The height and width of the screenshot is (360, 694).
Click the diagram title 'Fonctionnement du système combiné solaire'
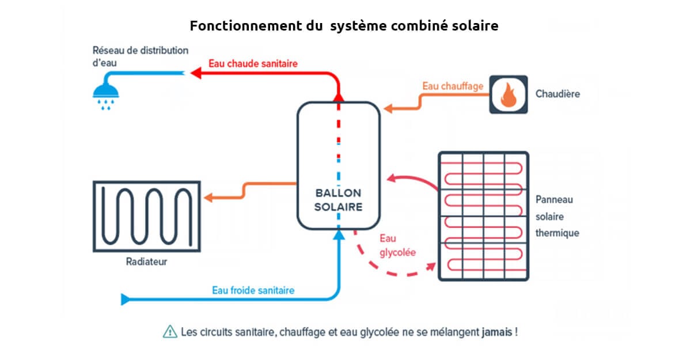point(344,26)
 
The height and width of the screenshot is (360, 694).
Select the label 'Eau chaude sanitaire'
point(253,63)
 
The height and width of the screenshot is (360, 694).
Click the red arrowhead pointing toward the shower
point(196,73)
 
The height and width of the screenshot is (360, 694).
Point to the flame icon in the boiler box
point(508,94)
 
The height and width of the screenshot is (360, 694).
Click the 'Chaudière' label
point(557,94)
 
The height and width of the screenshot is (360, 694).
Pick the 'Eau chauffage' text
point(452,86)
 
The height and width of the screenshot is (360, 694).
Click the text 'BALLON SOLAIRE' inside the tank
point(338,199)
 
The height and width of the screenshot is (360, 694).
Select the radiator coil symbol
point(146,216)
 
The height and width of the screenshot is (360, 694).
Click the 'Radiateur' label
point(146,262)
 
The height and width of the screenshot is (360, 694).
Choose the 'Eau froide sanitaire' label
point(253,290)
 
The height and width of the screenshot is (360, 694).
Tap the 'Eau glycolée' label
point(397,245)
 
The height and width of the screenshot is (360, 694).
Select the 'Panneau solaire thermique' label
point(557,216)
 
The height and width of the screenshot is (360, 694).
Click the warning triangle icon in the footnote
point(170,332)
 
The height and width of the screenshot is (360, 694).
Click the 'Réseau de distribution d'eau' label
point(140,56)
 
